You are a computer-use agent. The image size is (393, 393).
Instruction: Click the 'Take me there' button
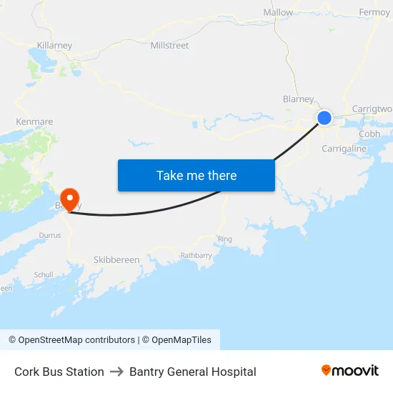click(x=196, y=175)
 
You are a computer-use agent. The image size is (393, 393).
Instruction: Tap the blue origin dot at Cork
click(x=324, y=118)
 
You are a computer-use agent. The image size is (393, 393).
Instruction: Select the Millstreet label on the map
click(x=169, y=45)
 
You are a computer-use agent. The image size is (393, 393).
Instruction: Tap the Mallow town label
click(x=278, y=12)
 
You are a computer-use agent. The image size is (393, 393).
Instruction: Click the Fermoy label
click(x=374, y=12)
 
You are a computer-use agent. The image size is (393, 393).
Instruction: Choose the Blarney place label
click(x=299, y=99)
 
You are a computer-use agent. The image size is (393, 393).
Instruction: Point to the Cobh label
click(x=369, y=134)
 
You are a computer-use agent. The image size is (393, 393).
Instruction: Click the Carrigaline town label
click(x=344, y=149)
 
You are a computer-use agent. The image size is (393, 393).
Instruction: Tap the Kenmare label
click(x=34, y=121)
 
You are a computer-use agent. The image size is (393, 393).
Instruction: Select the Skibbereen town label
click(x=116, y=259)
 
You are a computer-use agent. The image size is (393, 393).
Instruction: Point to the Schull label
click(x=44, y=274)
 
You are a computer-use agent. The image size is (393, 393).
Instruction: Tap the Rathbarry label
click(x=196, y=255)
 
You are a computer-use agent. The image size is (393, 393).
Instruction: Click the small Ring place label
click(x=225, y=239)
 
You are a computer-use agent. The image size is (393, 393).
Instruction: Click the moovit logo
click(x=350, y=371)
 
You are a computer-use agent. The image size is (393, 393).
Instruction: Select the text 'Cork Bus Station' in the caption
click(x=59, y=372)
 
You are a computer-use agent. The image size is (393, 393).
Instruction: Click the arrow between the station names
click(x=116, y=372)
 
